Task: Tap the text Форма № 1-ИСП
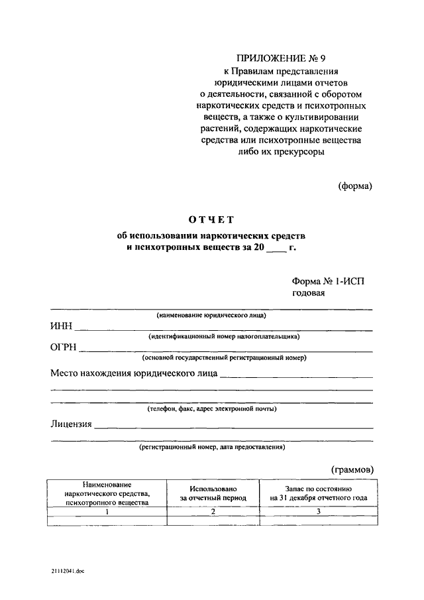[328, 281]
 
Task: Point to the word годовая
[308, 294]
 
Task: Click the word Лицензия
[71, 424]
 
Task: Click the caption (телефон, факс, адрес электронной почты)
[211, 408]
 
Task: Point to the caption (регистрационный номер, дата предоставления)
[211, 447]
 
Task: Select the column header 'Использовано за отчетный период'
[213, 493]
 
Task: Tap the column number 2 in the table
[213, 511]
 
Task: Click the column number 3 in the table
[319, 511]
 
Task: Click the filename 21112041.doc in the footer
[66, 570]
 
